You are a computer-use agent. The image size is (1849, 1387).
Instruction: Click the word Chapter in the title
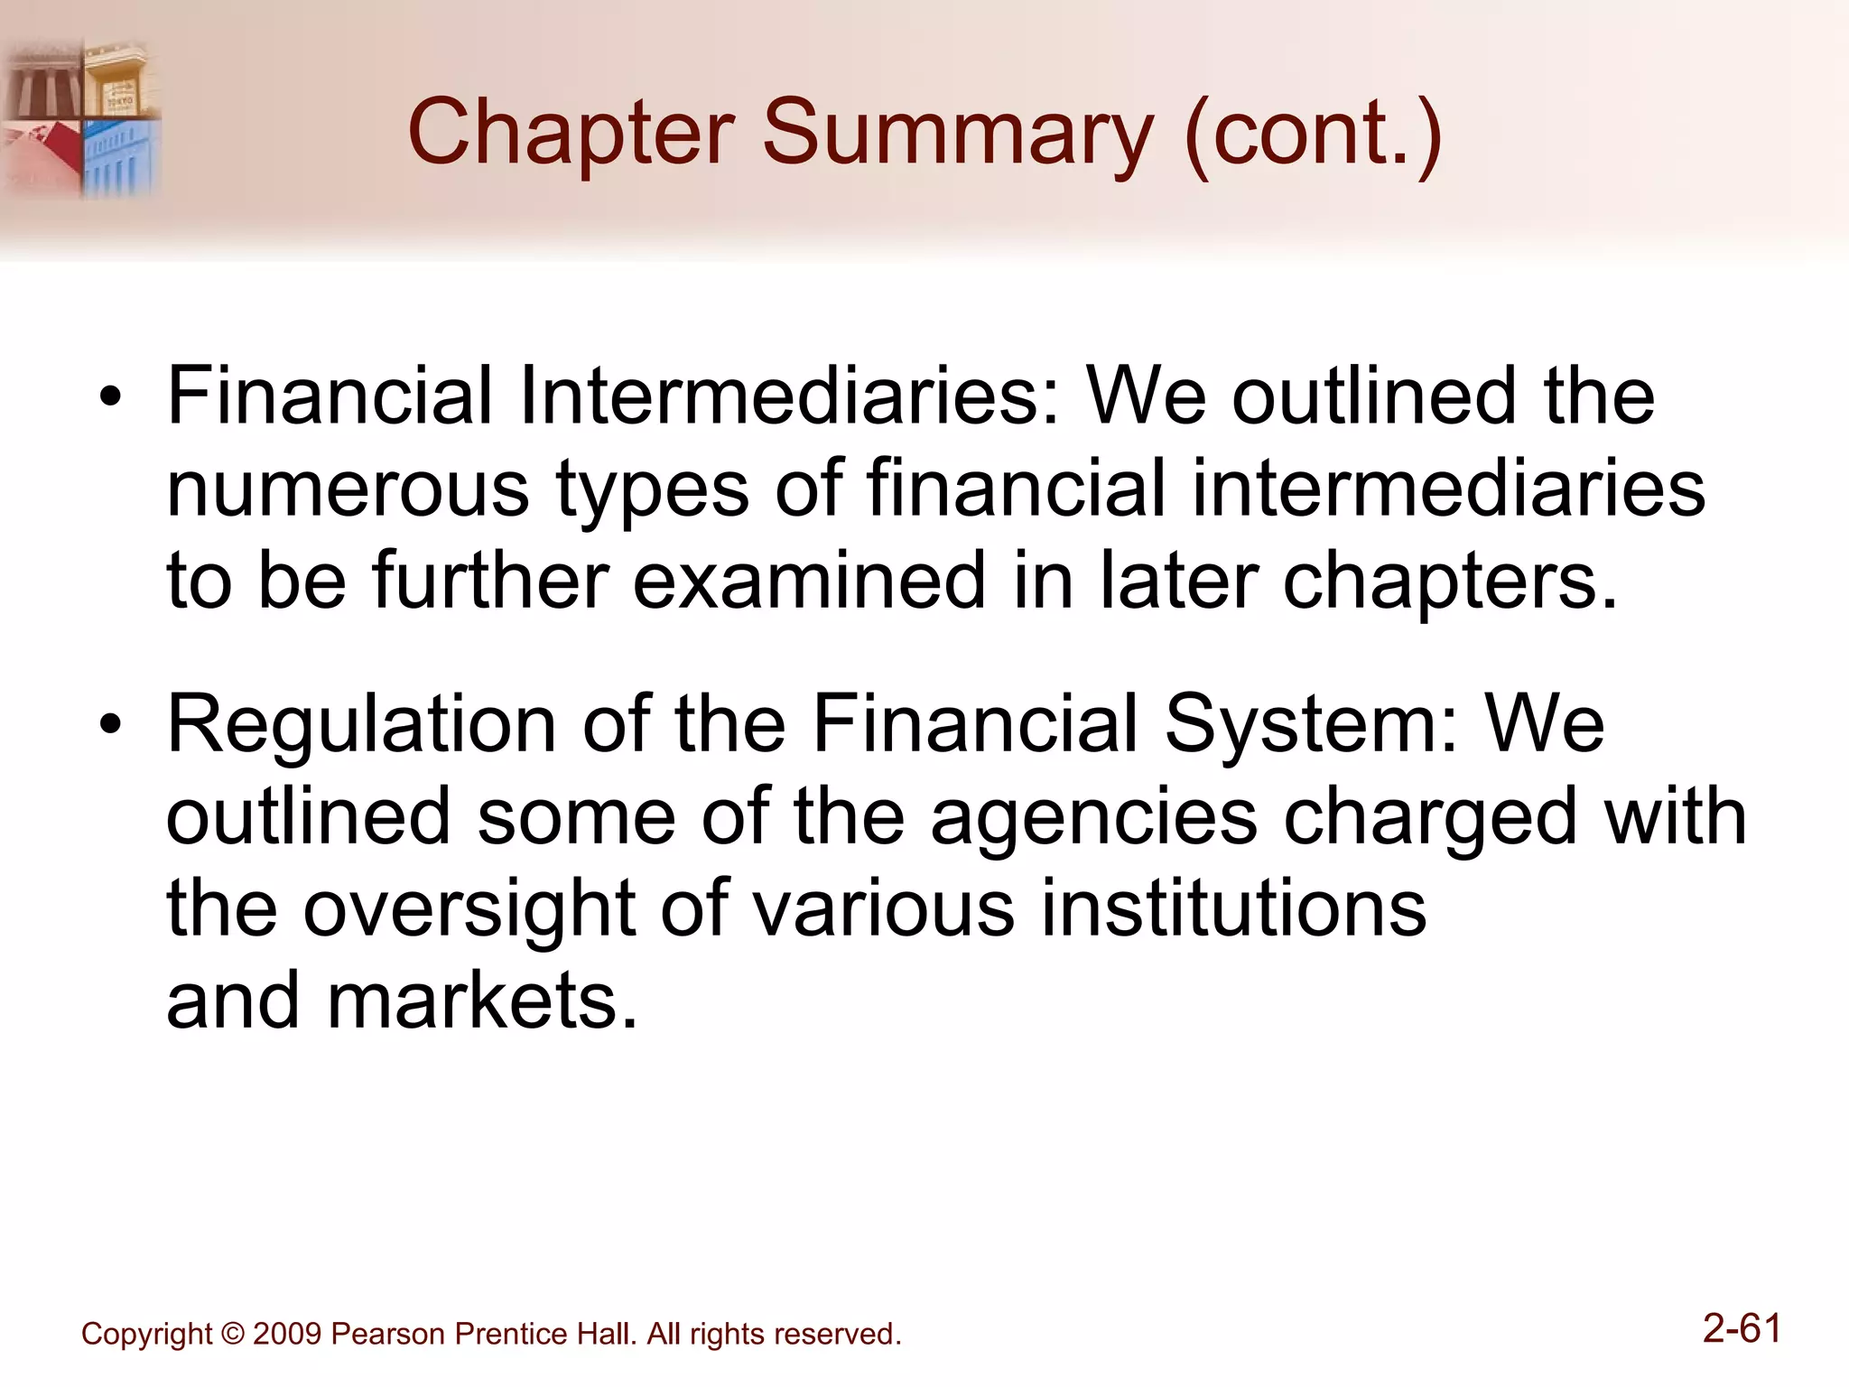tap(571, 134)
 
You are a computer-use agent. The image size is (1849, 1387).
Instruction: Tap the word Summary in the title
tap(957, 134)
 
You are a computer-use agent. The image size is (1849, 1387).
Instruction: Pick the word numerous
tap(348, 489)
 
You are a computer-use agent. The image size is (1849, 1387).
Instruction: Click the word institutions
tap(1233, 908)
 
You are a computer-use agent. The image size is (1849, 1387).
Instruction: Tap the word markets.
tap(482, 1001)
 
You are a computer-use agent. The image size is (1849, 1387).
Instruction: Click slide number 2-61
tap(1742, 1329)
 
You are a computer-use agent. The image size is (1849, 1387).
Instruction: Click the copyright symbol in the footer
tap(232, 1334)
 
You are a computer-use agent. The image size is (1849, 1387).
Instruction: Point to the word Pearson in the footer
tap(388, 1334)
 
